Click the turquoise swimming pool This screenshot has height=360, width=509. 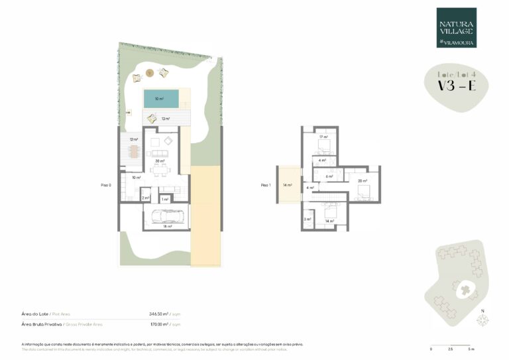(x=159, y=99)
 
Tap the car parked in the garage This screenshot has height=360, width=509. (x=164, y=215)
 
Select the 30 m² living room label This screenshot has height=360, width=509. (x=159, y=161)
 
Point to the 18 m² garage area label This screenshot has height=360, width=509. (x=168, y=227)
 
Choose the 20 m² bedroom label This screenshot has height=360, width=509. (x=362, y=180)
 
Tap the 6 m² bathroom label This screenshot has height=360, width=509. (x=329, y=176)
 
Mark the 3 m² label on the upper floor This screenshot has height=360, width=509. (x=308, y=219)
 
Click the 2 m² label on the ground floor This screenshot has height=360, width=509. (x=145, y=198)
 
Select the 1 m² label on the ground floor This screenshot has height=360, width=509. (x=164, y=198)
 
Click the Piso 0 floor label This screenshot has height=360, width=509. (x=105, y=186)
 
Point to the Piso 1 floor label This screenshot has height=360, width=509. (x=266, y=186)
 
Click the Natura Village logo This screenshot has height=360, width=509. (x=456, y=28)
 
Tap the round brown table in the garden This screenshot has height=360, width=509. (x=149, y=72)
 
